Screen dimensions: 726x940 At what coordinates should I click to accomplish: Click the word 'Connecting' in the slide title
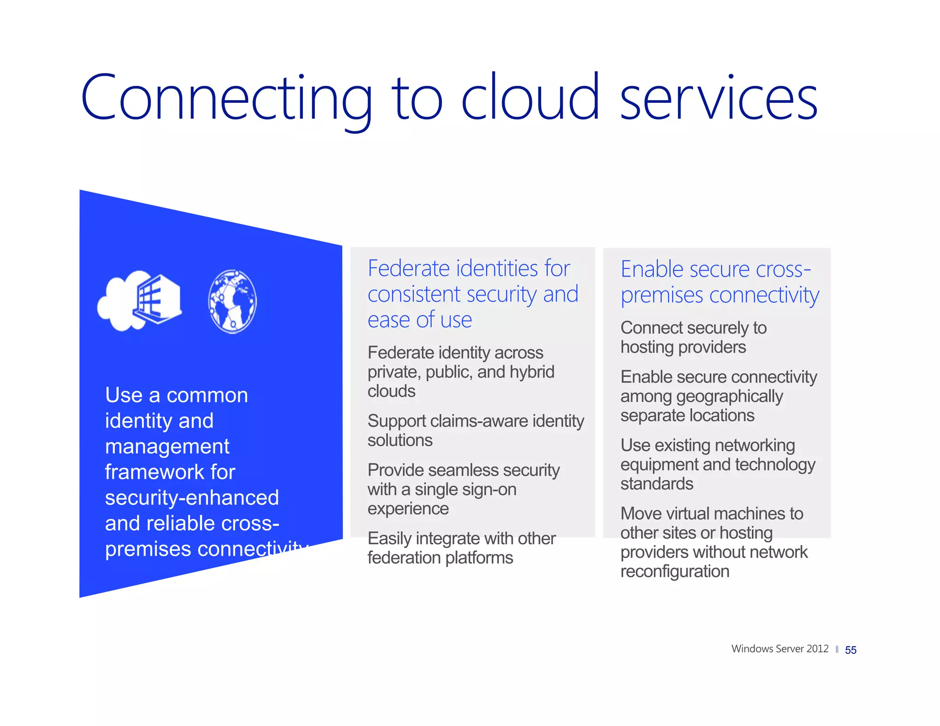(225, 98)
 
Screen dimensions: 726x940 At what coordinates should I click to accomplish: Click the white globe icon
(232, 301)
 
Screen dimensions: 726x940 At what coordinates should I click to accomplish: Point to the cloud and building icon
(140, 300)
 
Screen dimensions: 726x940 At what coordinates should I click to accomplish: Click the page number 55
(850, 650)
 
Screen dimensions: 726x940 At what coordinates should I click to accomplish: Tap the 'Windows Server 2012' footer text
(779, 648)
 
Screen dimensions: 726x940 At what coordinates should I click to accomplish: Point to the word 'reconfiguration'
(675, 572)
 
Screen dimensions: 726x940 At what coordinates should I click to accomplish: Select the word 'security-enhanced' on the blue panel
(192, 498)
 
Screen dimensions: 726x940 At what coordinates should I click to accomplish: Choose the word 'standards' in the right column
(657, 484)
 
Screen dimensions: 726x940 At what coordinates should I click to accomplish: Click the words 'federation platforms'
(440, 558)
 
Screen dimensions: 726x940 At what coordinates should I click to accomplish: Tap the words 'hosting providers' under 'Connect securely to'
(683, 347)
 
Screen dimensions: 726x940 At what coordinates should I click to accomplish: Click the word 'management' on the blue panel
(167, 447)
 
